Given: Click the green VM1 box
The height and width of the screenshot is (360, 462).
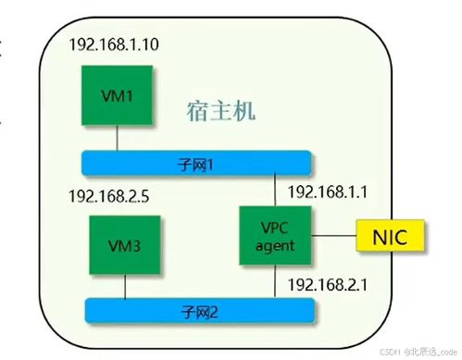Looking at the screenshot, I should [117, 95].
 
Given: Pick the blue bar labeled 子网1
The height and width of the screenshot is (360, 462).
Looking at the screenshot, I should [195, 163].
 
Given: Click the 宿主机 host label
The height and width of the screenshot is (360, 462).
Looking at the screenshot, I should [220, 112].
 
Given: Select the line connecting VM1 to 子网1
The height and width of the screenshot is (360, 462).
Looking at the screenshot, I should [117, 138].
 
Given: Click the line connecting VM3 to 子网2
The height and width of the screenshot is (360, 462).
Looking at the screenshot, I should [125, 287].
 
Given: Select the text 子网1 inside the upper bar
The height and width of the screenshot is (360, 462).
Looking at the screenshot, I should [195, 163].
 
